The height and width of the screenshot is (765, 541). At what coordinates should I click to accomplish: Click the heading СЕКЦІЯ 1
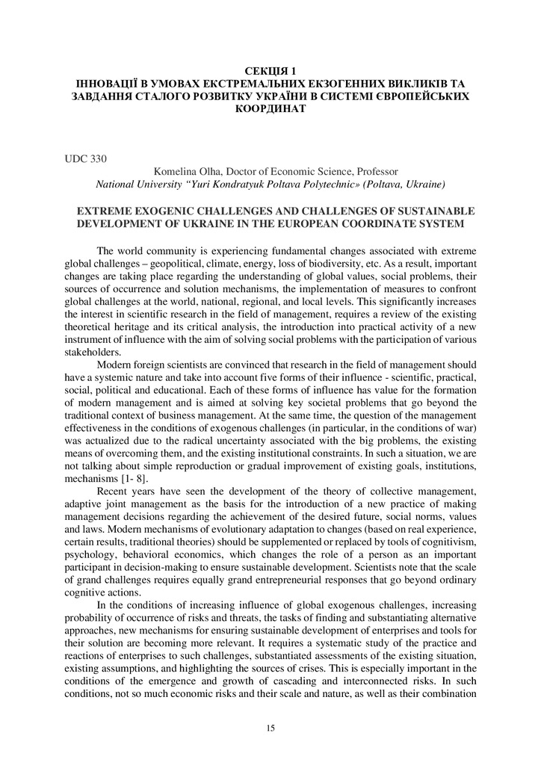point(270,72)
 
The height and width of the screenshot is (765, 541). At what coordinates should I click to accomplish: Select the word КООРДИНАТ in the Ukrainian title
point(270,108)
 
